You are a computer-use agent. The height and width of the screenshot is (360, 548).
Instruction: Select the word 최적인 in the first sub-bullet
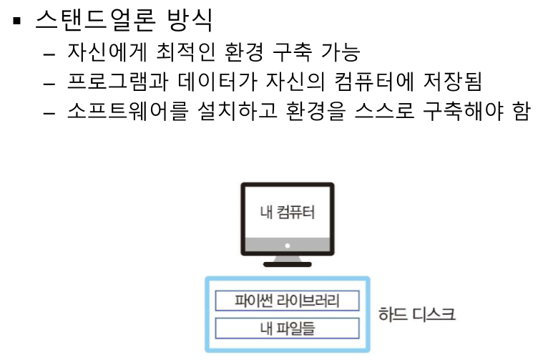190,53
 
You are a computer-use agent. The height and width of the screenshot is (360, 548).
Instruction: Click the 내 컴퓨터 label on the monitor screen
287,212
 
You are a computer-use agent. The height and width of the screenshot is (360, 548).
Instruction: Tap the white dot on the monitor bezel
287,245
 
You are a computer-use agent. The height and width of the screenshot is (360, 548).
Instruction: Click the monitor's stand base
287,263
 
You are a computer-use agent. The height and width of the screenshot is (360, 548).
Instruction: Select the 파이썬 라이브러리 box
287,300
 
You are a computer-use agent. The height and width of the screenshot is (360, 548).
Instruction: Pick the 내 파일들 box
287,329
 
